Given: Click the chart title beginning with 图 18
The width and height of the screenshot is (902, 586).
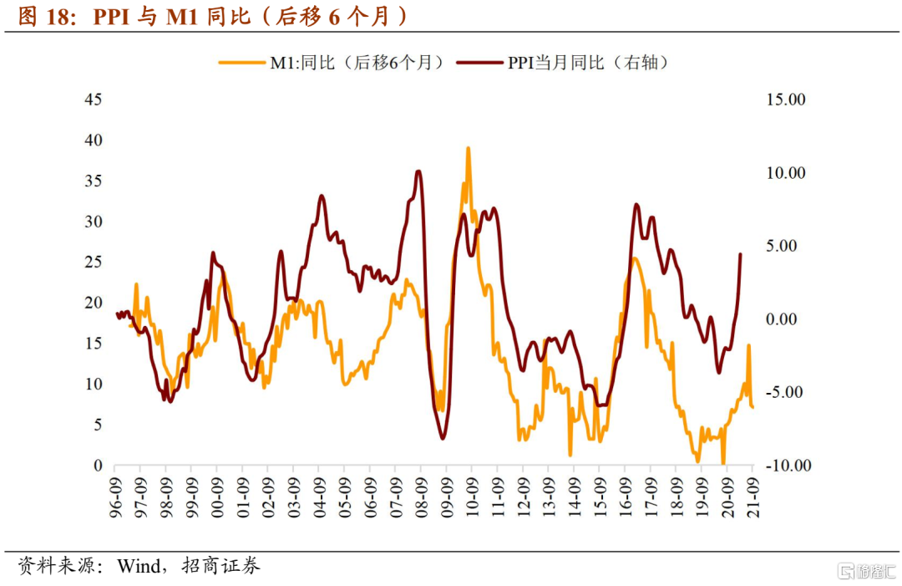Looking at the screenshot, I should (x=214, y=16).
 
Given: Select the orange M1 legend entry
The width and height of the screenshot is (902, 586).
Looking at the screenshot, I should (x=331, y=62).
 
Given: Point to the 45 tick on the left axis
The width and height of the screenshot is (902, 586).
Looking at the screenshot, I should (x=94, y=99).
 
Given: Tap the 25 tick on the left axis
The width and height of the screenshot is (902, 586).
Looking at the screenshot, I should (x=94, y=262).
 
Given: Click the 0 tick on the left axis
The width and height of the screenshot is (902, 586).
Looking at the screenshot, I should (x=98, y=466).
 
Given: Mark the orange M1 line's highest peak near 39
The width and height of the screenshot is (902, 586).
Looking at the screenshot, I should (x=469, y=148).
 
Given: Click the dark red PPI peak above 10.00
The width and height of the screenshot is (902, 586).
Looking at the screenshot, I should (x=418, y=171).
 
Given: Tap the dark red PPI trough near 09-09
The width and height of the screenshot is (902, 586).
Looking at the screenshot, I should (x=443, y=437).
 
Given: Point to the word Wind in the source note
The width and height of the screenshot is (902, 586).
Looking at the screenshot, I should (x=139, y=567).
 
